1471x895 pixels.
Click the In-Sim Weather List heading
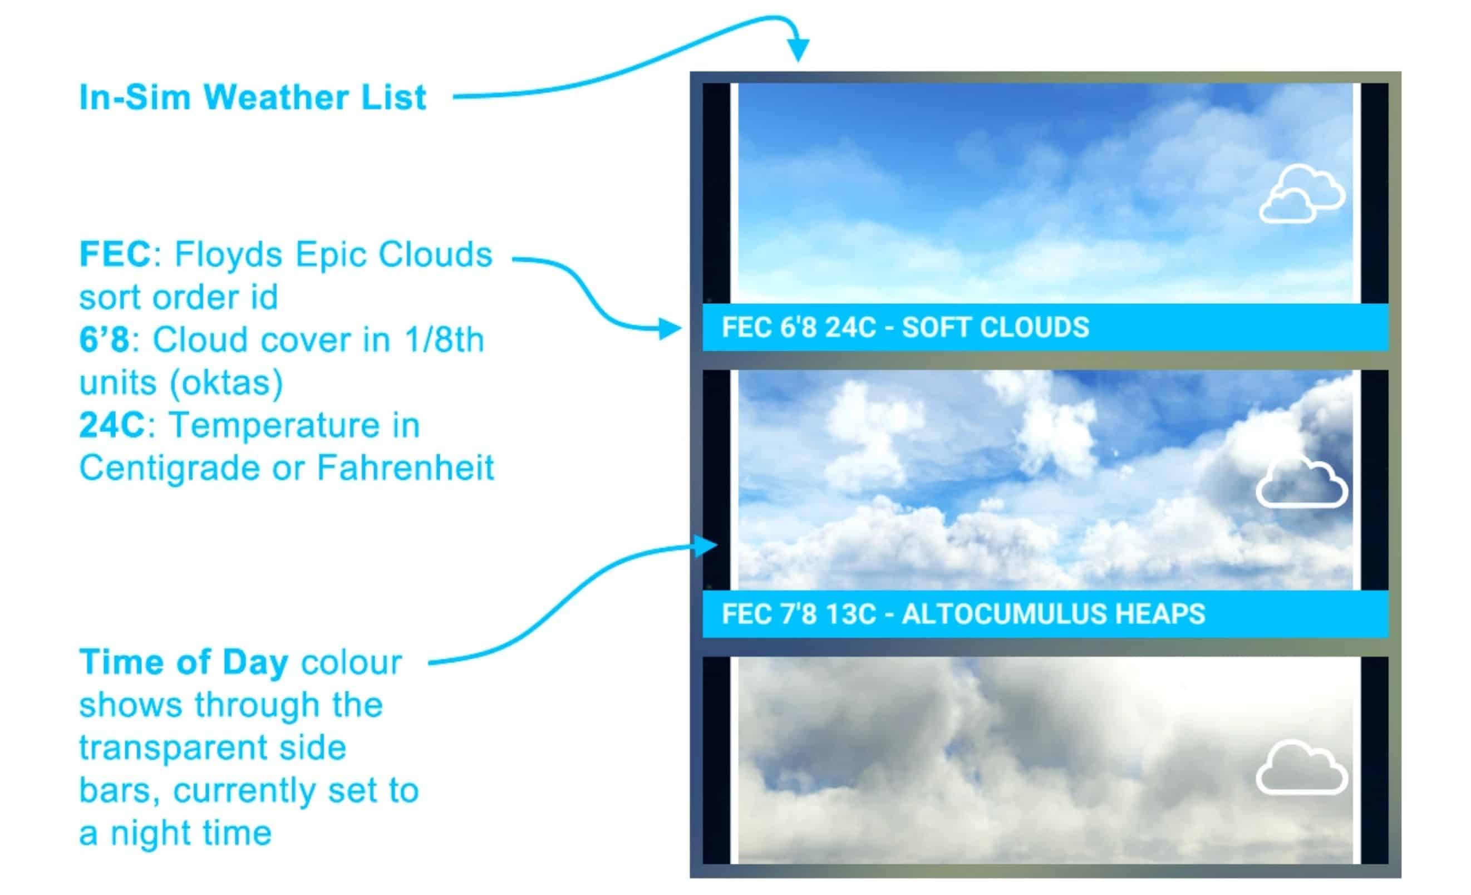(253, 97)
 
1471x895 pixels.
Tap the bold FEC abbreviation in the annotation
(115, 254)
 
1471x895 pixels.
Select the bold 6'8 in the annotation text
(105, 340)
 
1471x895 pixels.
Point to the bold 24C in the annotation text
(113, 425)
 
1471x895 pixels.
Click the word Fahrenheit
(405, 468)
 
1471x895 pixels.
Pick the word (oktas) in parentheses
(227, 383)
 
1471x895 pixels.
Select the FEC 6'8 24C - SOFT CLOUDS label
(905, 327)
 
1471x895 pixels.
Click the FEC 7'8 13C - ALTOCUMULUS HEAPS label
(963, 614)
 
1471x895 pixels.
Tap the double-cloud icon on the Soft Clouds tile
(1302, 195)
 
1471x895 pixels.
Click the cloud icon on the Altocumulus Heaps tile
(1301, 483)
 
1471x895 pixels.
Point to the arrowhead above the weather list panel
(798, 50)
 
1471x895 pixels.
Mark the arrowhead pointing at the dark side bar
(706, 545)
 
